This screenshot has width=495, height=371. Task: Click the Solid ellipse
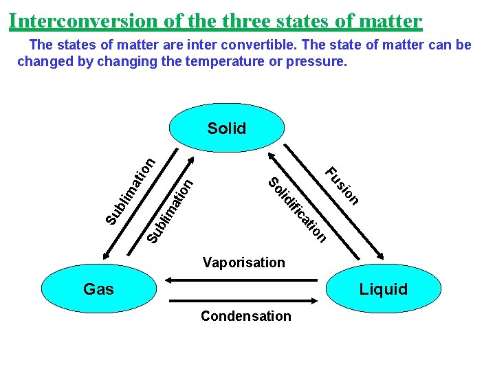(227, 128)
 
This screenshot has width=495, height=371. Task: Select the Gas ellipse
(98, 289)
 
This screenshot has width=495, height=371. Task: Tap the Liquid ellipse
(383, 289)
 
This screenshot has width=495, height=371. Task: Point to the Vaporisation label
(243, 262)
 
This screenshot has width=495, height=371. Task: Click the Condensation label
(245, 316)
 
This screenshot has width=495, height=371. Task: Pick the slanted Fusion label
(342, 185)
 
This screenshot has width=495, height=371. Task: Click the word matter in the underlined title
(390, 21)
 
